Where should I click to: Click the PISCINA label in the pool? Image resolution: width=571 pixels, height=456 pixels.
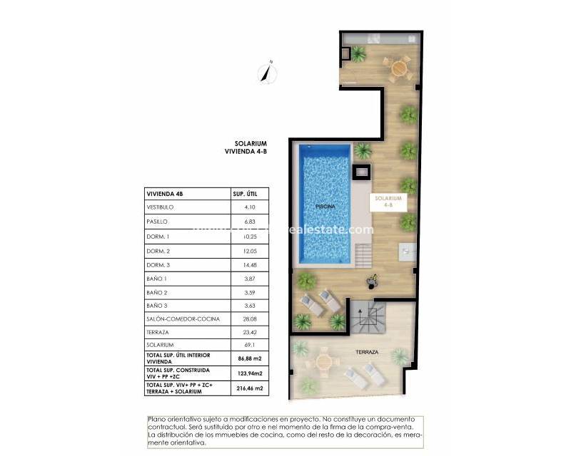pos(325,206)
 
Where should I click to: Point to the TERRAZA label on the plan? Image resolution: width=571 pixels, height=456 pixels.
pos(367,353)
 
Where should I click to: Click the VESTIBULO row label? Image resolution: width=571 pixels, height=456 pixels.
pos(161,207)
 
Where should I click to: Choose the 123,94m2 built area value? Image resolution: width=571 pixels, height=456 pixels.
pos(249,372)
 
